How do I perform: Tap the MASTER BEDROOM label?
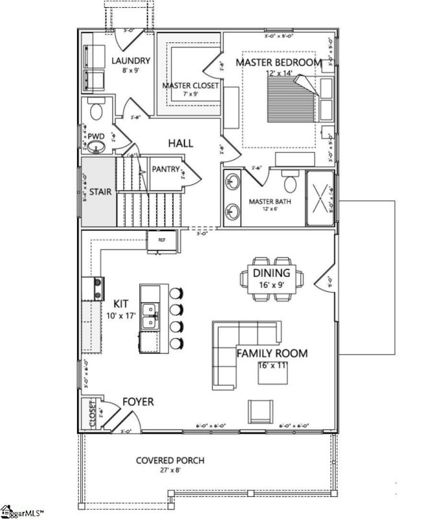point(278,62)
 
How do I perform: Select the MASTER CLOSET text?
point(190,85)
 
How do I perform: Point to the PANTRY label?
point(165,169)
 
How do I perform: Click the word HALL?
point(181,143)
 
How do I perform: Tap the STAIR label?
point(99,192)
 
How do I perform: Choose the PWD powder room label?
point(97,137)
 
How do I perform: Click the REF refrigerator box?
point(161,239)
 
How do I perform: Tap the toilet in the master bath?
point(290,184)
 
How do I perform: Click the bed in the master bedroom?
point(292,97)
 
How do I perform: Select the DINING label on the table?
point(272,273)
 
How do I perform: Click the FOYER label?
point(139,402)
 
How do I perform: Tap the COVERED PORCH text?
point(170,461)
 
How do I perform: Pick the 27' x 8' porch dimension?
point(170,471)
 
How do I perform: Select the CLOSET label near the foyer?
point(93,415)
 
